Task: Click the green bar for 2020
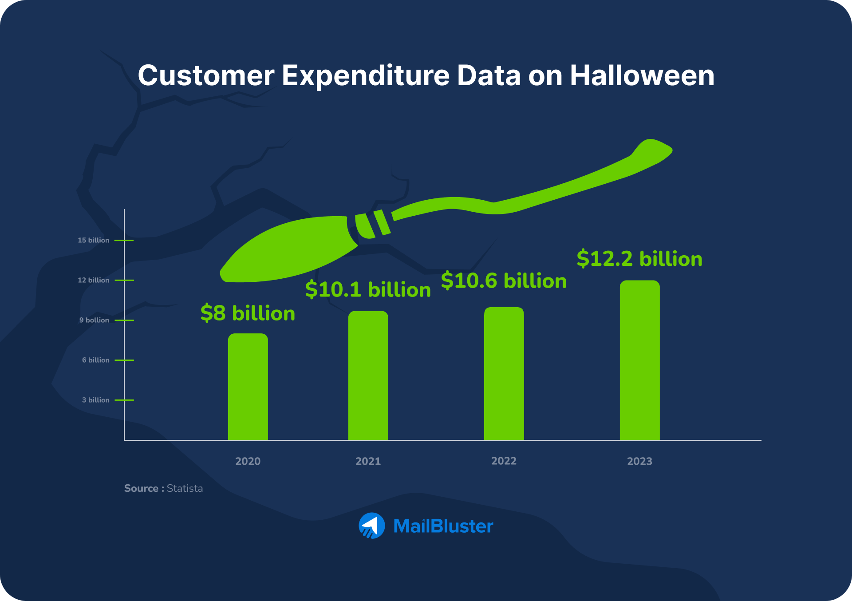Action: [248, 387]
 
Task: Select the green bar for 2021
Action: [368, 376]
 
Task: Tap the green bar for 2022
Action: [504, 373]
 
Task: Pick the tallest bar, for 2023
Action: [639, 360]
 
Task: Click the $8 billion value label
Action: [248, 313]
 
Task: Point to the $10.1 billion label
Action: [368, 290]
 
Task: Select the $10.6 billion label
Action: [504, 281]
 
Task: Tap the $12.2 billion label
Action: [639, 259]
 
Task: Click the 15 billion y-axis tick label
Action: [93, 240]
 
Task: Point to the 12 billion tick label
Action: [93, 280]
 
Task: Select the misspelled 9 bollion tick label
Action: [94, 320]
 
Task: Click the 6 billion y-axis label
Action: [95, 360]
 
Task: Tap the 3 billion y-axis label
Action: [95, 400]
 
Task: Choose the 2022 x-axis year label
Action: [504, 461]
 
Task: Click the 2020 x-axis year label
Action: [248, 461]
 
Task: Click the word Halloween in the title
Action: [642, 75]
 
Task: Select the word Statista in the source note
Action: [185, 488]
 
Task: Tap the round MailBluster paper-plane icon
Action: [371, 526]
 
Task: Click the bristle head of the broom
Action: [288, 251]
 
